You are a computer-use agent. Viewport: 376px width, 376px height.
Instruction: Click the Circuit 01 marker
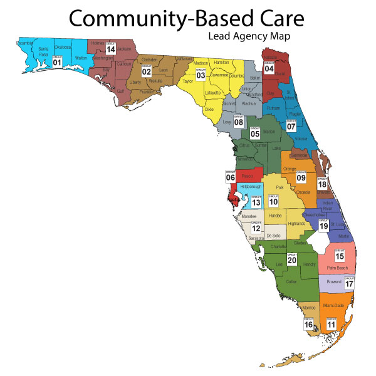(57, 61)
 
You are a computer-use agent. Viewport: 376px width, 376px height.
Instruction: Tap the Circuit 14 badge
(110, 48)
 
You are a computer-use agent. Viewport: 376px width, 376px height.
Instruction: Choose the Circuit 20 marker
(291, 258)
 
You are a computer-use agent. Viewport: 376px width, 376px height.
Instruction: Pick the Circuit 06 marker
(230, 176)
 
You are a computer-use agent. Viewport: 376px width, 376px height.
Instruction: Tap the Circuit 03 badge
(201, 74)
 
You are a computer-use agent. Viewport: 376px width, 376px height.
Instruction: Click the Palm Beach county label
(337, 268)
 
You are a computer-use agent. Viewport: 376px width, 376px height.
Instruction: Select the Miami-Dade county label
(333, 306)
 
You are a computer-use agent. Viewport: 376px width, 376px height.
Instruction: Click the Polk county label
(280, 187)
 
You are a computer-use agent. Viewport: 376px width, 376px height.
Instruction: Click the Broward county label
(334, 282)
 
